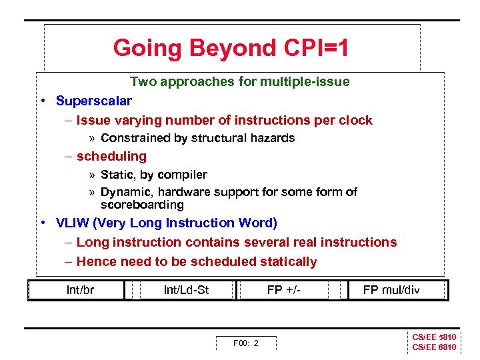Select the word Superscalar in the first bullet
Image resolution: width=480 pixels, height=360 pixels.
[94, 101]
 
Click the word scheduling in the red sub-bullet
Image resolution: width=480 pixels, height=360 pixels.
[111, 156]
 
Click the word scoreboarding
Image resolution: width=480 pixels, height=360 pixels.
[142, 205]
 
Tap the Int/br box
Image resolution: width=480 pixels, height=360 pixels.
[80, 290]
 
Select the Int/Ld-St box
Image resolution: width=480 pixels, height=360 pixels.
[186, 290]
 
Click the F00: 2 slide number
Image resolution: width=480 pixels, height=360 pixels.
[245, 343]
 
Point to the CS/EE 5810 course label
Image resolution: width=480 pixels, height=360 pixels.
[434, 337]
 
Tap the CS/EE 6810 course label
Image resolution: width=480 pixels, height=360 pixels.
[434, 347]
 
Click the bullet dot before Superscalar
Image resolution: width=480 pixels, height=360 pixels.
[42, 101]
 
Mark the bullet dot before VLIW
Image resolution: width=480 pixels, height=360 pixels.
[42, 223]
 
